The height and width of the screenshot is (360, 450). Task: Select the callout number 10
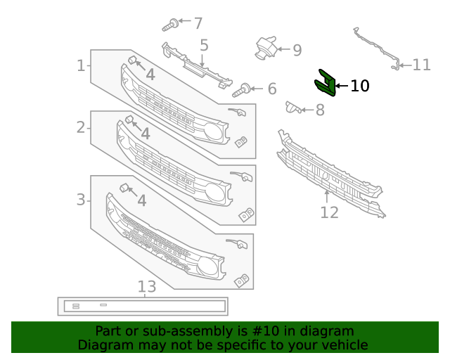coord(359,86)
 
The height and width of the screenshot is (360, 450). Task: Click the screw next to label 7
coord(169,26)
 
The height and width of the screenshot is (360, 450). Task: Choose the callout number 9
coord(297,50)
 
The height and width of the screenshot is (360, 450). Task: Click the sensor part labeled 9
coord(264,46)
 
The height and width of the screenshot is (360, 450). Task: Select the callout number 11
coord(421,65)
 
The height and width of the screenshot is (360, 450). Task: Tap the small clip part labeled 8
coord(292,107)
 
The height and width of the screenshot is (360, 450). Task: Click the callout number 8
coord(320,110)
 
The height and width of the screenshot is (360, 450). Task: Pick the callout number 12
coord(329,212)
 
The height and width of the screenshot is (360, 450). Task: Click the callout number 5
coord(204,46)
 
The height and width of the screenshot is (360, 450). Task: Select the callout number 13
coord(146,286)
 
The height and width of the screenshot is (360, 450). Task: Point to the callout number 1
coord(81,66)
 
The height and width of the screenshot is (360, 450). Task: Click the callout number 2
coord(81,127)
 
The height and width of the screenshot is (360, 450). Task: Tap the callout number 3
coord(81,200)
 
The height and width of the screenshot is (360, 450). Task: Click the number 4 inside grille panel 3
coord(141,200)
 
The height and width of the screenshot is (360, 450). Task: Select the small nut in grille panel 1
coord(131,60)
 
